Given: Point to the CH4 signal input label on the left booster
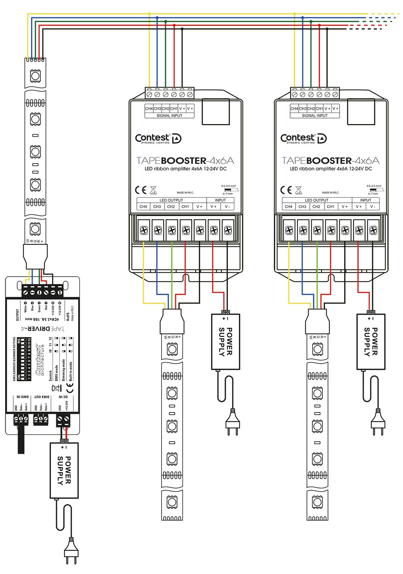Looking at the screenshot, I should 149,108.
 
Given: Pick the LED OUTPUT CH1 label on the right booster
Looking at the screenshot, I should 330,207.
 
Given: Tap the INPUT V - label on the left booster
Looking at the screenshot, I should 227,207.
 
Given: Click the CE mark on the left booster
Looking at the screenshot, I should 141,190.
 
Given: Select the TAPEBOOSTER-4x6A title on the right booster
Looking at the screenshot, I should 330,161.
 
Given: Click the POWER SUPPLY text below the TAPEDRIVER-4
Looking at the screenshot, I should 64,471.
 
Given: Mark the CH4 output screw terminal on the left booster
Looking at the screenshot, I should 144,230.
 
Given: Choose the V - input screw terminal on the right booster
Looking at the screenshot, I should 373,230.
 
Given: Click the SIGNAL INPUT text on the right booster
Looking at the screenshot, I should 315,116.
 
